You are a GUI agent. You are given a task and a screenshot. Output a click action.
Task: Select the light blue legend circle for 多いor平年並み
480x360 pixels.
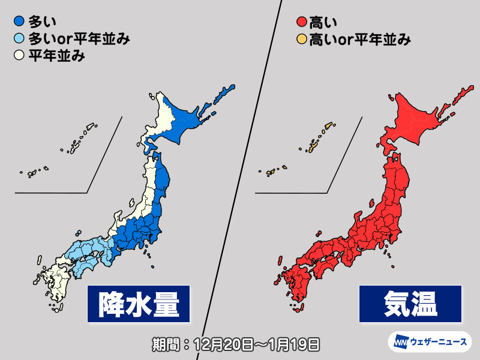(19, 41)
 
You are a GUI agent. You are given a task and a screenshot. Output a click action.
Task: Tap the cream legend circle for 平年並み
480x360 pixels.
(19, 57)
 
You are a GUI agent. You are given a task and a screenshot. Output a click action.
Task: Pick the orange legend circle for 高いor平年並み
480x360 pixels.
(301, 41)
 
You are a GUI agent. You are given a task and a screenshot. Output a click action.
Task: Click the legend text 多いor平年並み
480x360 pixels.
(78, 41)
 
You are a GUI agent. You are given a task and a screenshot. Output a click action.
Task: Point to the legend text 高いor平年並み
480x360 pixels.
(359, 41)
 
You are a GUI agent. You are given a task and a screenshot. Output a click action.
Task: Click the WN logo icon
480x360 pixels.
(400, 343)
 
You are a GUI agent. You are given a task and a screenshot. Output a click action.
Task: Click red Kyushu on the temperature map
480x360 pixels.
(296, 282)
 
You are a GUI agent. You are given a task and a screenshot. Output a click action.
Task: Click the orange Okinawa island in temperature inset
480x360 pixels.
(313, 146)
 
